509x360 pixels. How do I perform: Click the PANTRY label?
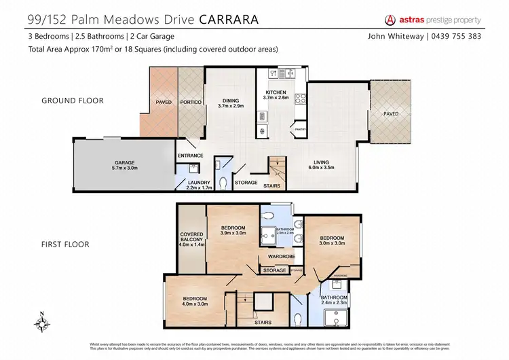coord(298,128)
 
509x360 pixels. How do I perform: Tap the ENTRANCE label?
coord(190,156)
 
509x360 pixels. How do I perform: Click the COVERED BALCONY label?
coord(191,239)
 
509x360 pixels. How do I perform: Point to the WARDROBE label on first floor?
coord(281,257)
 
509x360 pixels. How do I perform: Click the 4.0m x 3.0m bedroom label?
coord(194,301)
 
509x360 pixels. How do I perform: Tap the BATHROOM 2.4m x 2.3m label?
coord(334,300)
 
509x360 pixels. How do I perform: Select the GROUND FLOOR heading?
coord(73,101)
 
